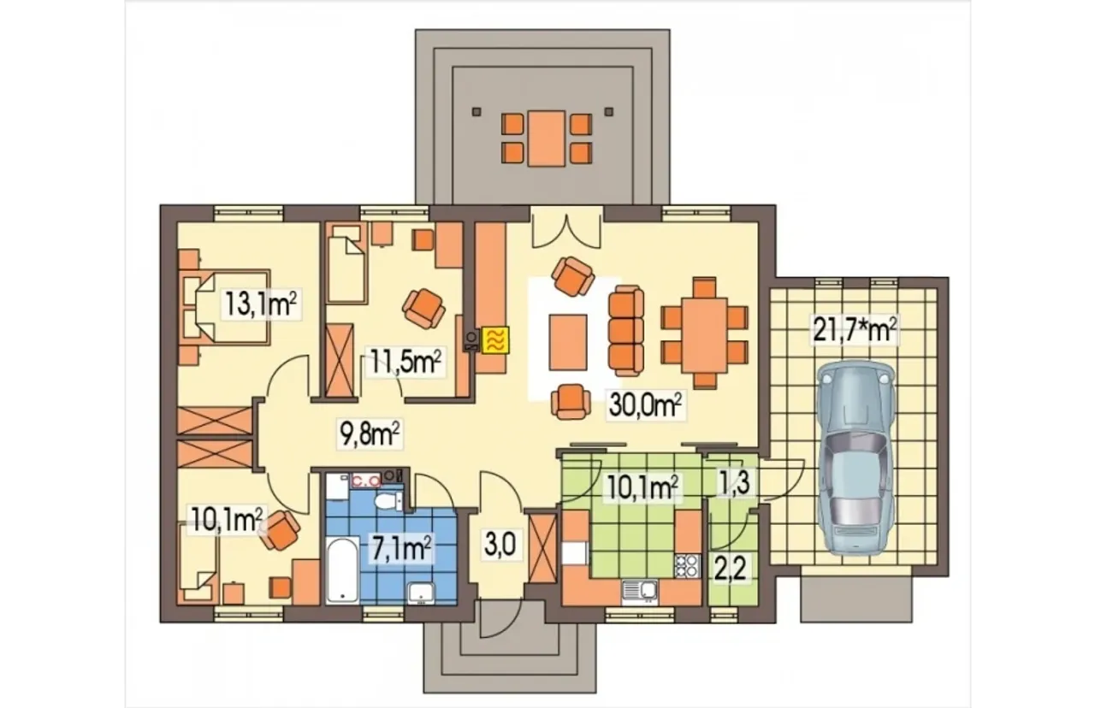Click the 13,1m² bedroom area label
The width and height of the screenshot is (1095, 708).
(x=261, y=304)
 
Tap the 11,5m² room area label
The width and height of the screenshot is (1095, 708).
(x=405, y=362)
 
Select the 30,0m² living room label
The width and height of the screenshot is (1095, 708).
(x=645, y=404)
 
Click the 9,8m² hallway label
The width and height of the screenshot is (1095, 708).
(x=370, y=434)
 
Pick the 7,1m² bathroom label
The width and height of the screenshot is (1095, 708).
(x=401, y=549)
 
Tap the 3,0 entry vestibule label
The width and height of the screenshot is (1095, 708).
(x=500, y=546)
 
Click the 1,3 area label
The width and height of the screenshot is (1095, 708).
(x=733, y=484)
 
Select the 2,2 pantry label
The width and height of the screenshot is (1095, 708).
(x=731, y=569)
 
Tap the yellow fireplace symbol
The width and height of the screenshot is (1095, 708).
(x=495, y=339)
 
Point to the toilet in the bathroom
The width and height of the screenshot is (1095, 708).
(x=388, y=500)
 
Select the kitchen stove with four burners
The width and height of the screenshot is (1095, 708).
(x=687, y=566)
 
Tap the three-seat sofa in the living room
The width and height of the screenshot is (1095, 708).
(x=625, y=331)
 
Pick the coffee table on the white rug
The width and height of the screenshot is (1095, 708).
(x=567, y=342)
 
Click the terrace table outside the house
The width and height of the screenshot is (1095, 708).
(x=547, y=139)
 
